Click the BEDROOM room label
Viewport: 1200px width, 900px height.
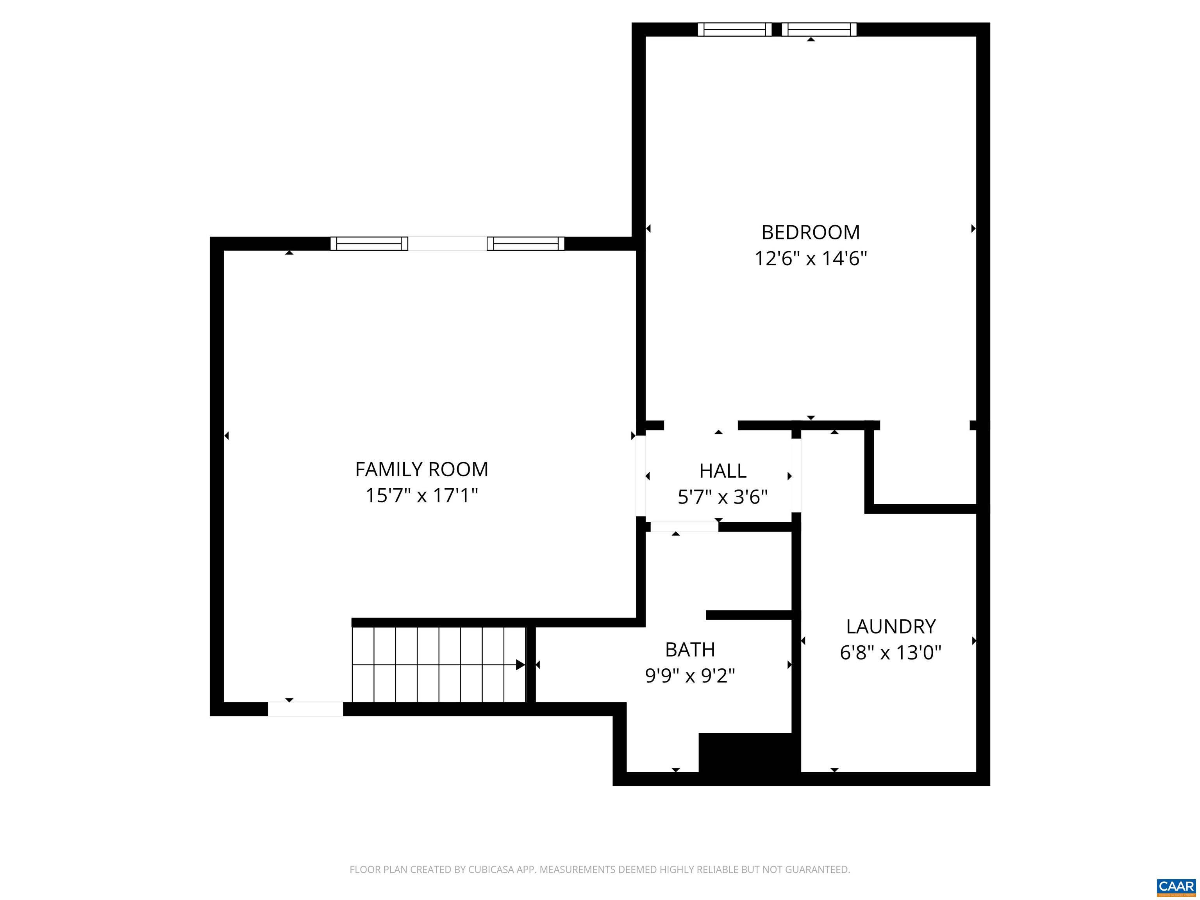coord(811,232)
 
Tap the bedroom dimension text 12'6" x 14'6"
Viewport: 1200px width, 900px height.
coord(811,259)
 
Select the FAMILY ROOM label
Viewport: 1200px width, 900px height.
coord(421,469)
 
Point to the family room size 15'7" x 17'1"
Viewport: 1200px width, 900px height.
coord(421,496)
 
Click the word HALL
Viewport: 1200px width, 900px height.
coord(723,471)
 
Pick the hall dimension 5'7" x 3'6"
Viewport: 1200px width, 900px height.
coord(723,497)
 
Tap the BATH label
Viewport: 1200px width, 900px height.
coord(689,649)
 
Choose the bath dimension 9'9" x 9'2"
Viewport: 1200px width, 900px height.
coord(689,676)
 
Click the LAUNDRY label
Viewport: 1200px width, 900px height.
coord(891,627)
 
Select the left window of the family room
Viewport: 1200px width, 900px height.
coord(370,244)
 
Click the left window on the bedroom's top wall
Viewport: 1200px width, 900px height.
coord(734,29)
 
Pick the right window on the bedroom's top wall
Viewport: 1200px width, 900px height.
coord(819,29)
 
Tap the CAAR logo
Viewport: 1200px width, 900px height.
coord(1176,886)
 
